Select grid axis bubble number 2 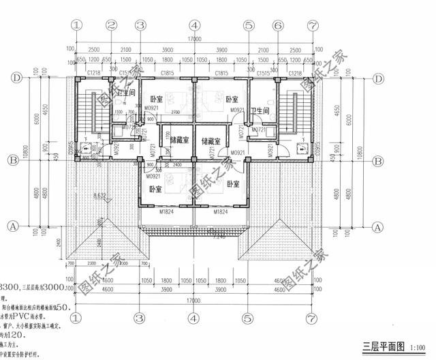coord(112,25)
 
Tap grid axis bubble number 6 coord(278,25)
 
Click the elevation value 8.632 coord(100,196)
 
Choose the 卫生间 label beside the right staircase coord(261,110)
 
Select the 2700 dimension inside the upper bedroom coord(176,111)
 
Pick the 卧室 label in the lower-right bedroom coord(233,184)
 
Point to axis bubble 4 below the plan coord(194,318)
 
